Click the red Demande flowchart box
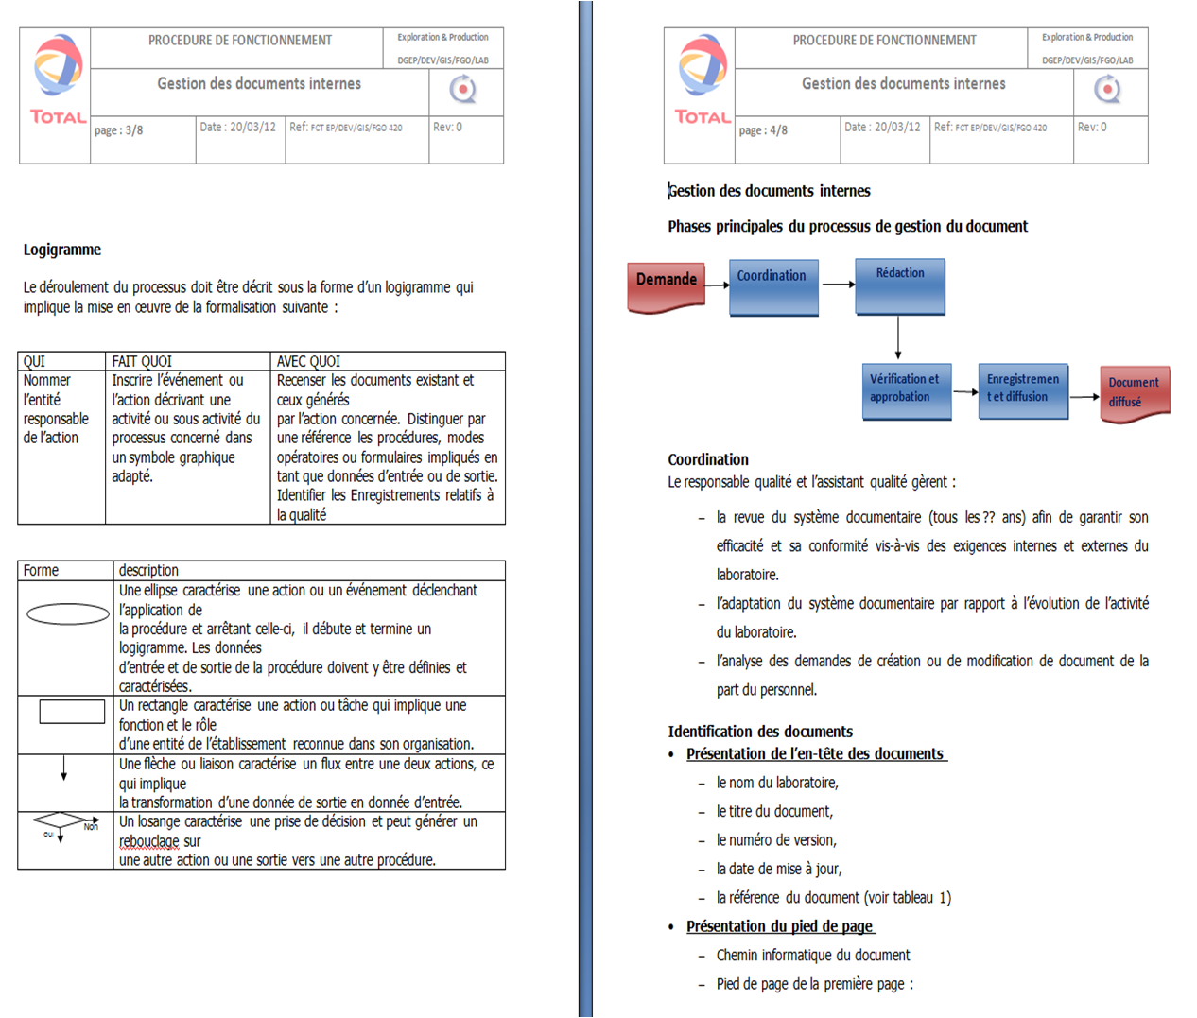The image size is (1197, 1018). (x=667, y=285)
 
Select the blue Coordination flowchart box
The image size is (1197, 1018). (x=773, y=286)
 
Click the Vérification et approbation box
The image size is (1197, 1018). (x=906, y=390)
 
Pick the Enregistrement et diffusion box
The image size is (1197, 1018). (x=1022, y=390)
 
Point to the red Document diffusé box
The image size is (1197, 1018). (x=1135, y=391)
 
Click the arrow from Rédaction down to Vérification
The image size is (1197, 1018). (x=898, y=338)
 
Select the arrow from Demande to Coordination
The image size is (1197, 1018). (x=718, y=285)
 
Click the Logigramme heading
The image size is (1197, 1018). (x=62, y=250)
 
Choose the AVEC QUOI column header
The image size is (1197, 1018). (x=308, y=361)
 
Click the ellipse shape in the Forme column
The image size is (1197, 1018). (x=68, y=614)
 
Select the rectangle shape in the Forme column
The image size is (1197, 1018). (x=72, y=711)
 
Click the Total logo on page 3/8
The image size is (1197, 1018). (x=57, y=80)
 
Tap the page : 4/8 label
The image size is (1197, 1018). (x=763, y=130)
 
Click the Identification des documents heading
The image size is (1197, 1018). (x=760, y=732)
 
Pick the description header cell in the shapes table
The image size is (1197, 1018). (x=148, y=570)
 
